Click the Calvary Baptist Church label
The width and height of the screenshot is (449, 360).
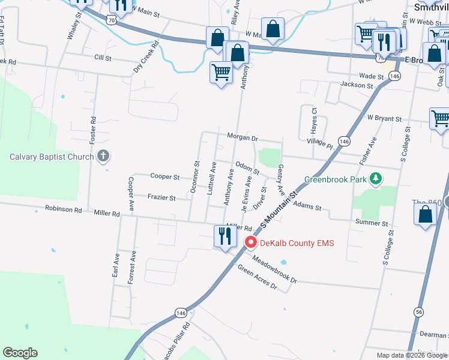click(x=52, y=157)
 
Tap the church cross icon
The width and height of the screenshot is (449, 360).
click(x=103, y=157)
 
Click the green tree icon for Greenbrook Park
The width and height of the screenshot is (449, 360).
click(x=376, y=178)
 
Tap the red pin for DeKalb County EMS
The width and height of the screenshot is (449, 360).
click(x=251, y=243)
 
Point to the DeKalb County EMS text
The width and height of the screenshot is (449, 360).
click(x=297, y=243)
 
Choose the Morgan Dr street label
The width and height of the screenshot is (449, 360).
click(x=243, y=137)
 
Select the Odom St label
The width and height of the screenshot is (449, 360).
click(x=247, y=167)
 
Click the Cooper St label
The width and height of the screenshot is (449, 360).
click(x=164, y=177)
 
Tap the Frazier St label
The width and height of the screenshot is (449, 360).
click(x=161, y=197)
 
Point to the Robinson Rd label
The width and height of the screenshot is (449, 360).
click(x=63, y=209)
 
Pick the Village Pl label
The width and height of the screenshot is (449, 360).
click(x=319, y=144)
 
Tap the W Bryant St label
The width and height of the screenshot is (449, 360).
click(x=384, y=119)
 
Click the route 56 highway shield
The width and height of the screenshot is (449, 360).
click(x=418, y=312)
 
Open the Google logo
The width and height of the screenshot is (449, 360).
click(x=20, y=353)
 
